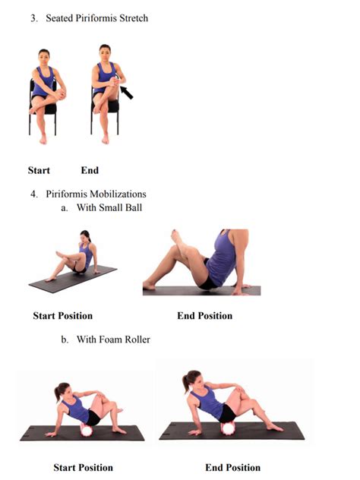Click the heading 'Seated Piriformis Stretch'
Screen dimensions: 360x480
point(96,18)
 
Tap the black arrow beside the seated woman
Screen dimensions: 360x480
point(126,93)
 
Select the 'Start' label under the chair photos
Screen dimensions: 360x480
point(39,170)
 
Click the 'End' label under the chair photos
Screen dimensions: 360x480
point(90,170)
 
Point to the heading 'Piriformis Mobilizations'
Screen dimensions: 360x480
point(96,194)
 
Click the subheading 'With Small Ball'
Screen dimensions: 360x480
point(109,207)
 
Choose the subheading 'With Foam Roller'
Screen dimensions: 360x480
point(113,339)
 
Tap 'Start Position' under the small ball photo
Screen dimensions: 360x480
point(63,316)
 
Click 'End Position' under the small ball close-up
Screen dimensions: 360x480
point(205,316)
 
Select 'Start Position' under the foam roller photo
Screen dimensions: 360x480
point(84,467)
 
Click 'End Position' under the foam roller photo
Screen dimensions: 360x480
point(233,467)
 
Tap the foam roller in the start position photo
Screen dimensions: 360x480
point(87,430)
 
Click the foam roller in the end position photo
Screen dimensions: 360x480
point(228,428)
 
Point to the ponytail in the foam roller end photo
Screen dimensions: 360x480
point(185,383)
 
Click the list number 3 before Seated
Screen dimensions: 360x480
point(33,18)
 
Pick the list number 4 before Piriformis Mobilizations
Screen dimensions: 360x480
point(33,194)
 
